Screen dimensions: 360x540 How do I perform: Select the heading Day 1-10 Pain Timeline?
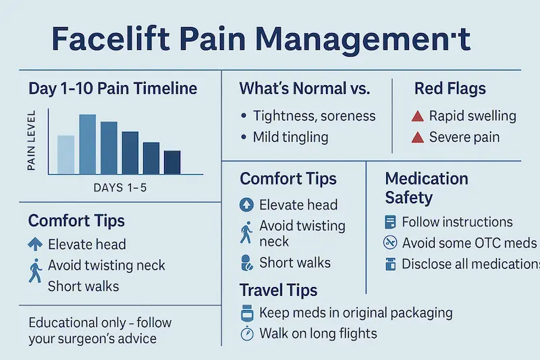pos(113,88)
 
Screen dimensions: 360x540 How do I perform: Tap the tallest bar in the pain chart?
pos(88,144)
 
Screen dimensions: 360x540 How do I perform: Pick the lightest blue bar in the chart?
pos(65,154)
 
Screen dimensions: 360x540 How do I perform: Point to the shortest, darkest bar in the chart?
pos(172,161)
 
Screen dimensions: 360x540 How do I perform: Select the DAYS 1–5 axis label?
pos(119,188)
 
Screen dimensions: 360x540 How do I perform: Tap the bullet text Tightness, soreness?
pos(314,115)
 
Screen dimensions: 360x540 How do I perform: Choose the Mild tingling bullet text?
pos(290,137)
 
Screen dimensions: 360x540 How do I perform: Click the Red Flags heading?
pos(450,88)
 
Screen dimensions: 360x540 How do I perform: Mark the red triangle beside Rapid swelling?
pos(417,116)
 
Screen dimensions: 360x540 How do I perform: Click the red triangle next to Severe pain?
pos(417,138)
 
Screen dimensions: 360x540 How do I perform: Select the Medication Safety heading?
pos(427,188)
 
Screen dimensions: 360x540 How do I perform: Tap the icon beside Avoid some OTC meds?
pos(389,243)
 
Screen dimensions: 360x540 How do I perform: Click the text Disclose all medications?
pos(470,264)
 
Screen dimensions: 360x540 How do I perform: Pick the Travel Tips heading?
pos(278,290)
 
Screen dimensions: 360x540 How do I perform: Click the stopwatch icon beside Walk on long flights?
pos(246,333)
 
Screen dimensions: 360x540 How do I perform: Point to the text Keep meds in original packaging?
pos(356,313)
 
